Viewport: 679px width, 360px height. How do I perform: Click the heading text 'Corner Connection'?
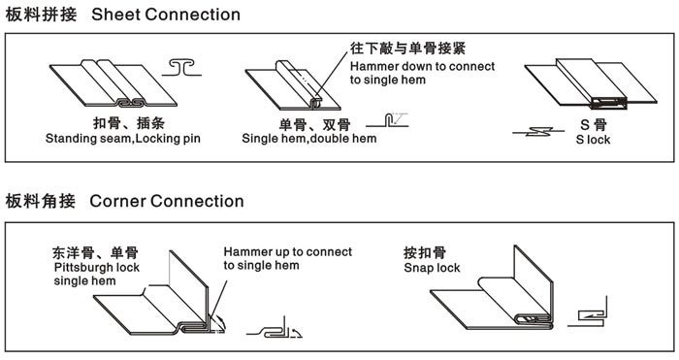point(166,201)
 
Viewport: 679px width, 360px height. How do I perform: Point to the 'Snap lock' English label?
point(433,267)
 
